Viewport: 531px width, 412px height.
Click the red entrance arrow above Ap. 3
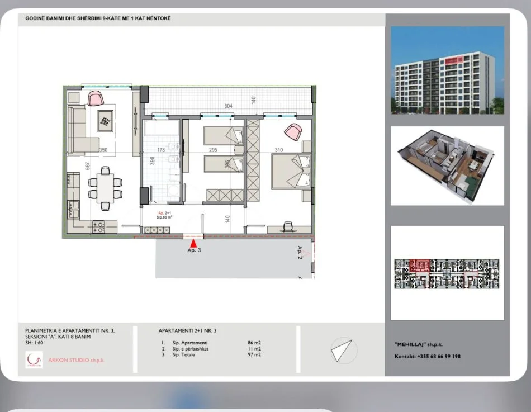click(193, 243)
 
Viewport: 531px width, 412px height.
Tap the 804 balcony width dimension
click(228, 106)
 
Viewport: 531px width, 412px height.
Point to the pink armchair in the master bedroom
click(293, 132)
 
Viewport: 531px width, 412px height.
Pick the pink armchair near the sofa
click(96, 99)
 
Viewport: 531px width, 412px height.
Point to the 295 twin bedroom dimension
click(212, 150)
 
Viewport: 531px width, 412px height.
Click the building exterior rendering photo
click(447, 71)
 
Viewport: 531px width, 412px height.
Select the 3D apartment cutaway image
click(447, 165)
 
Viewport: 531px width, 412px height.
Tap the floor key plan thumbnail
click(447, 274)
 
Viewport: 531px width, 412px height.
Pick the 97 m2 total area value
click(254, 354)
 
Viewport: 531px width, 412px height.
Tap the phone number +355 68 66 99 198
click(438, 356)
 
